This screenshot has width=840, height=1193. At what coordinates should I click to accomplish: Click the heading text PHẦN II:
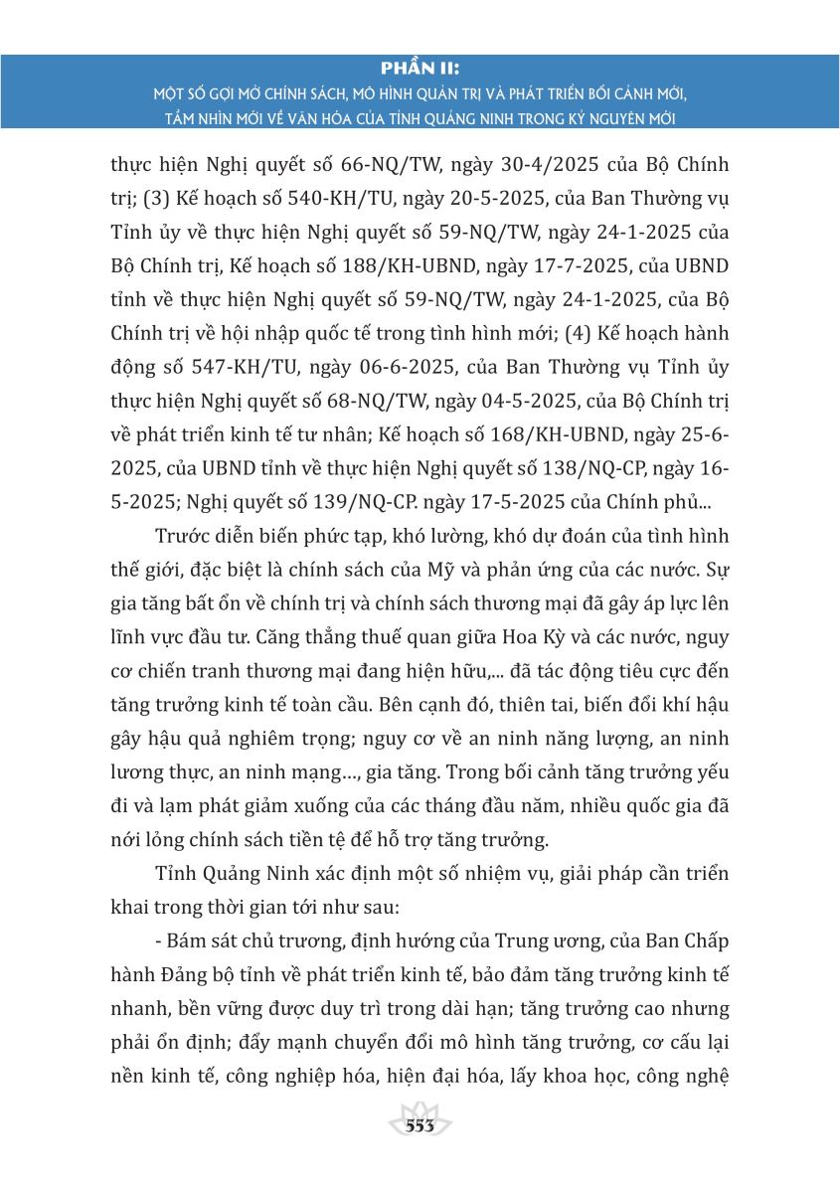420,69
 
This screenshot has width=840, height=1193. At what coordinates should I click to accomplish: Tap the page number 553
420,1125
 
